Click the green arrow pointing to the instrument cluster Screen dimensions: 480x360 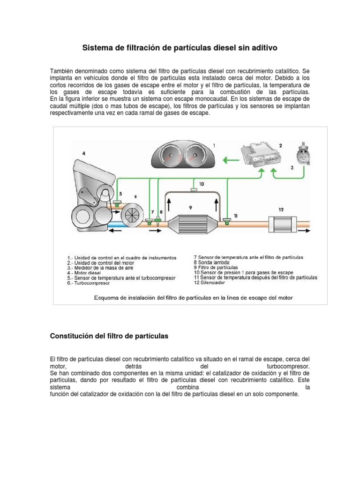click(x=230, y=160)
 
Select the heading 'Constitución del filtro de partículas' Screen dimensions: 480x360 click(x=109, y=336)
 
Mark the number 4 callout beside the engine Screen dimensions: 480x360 click(x=83, y=153)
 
